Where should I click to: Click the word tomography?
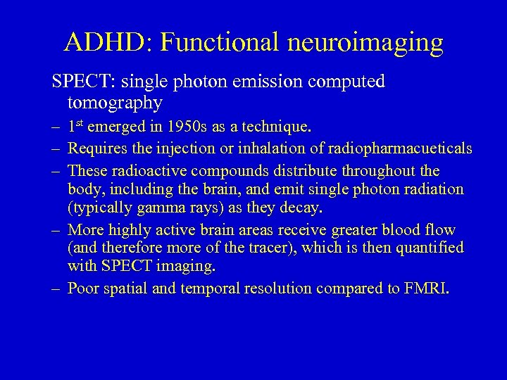pyautogui.click(x=115, y=103)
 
